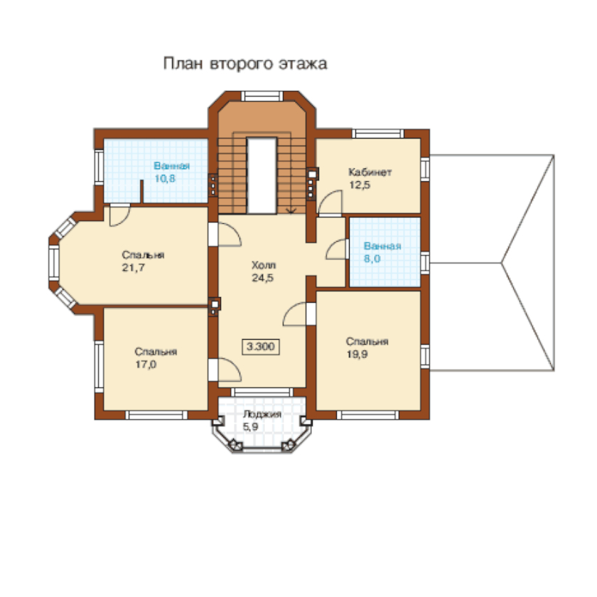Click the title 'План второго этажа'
(x=245, y=63)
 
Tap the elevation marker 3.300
(x=261, y=347)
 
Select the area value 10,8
(x=165, y=178)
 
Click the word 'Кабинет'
(x=370, y=172)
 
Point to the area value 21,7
(x=134, y=268)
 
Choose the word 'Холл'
(x=264, y=265)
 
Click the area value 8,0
(x=372, y=259)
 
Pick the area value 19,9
(x=357, y=355)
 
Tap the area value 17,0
(x=146, y=365)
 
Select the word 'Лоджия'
(x=262, y=414)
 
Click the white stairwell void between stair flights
(x=262, y=176)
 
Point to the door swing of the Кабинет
(x=330, y=203)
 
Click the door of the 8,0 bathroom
(x=337, y=249)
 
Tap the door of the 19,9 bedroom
(x=295, y=314)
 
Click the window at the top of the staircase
(x=262, y=95)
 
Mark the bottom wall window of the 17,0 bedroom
(x=156, y=415)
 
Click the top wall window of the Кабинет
(x=377, y=134)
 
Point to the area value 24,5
(x=263, y=278)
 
